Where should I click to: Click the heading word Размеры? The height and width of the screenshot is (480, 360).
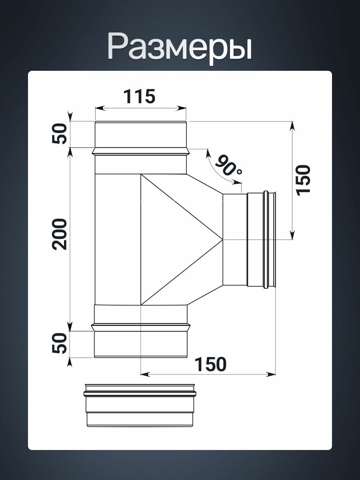(x=180, y=48)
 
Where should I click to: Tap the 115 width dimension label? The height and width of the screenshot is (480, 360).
(x=140, y=96)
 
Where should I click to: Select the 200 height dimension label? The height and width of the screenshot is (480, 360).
(x=59, y=234)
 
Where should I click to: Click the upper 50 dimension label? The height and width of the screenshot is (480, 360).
(x=59, y=134)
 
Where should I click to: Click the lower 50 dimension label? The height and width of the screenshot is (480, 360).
(x=59, y=343)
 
